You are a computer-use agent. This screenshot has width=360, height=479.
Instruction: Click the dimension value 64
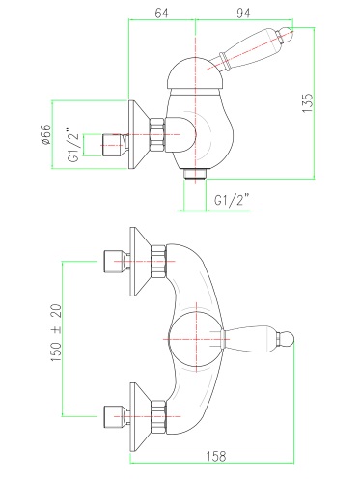coord(161,14)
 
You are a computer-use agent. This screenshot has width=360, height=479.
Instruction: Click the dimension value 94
coord(243,14)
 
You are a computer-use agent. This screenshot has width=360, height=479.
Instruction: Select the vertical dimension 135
coord(307,103)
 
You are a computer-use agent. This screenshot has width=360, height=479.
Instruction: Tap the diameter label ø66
coord(46,134)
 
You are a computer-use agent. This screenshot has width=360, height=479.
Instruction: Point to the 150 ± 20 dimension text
coord(56,332)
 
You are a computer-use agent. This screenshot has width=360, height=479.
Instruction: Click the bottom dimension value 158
coord(216,456)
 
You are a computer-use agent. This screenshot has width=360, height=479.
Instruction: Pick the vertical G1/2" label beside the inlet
coord(73,145)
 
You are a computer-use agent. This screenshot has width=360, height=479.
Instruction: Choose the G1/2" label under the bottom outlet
coord(232,200)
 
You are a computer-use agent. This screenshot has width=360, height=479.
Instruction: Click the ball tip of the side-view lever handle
coord(287,34)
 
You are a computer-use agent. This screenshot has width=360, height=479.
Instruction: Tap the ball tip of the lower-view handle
coord(286,339)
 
